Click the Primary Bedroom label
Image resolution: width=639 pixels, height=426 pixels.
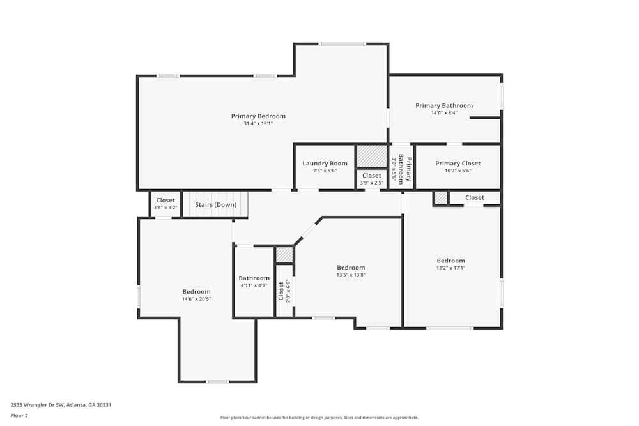coord(258,116)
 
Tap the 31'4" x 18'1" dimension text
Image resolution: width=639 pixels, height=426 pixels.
coord(258,123)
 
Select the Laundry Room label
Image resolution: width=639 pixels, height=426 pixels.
coord(325,164)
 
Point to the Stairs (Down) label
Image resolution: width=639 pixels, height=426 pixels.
coord(216,205)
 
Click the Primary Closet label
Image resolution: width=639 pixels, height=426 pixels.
coord(458,164)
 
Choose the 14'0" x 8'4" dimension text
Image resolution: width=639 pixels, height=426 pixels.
coord(444,113)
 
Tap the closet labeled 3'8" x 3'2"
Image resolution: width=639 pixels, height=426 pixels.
coord(166,204)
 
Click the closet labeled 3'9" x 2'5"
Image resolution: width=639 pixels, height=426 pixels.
coord(372,179)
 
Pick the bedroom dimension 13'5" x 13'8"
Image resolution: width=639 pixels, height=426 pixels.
coord(351,275)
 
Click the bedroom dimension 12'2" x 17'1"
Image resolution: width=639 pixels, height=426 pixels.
coord(450,268)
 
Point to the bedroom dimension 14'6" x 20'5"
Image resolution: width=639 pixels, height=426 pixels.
coord(196,299)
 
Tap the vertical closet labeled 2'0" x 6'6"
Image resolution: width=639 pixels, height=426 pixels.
coord(284,291)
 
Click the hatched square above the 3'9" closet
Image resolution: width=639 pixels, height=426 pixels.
coord(372,156)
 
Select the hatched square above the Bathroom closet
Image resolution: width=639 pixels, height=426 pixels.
coord(284,255)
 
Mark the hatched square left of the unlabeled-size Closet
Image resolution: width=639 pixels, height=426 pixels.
coord(441,198)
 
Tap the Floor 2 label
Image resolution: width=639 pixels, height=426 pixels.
coord(20,415)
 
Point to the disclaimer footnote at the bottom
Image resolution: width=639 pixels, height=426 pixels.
coord(319,418)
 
